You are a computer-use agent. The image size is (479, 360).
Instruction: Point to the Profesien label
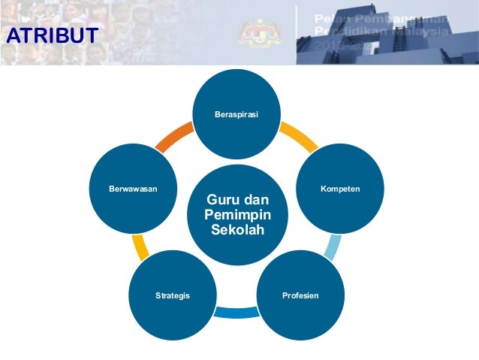[300, 295]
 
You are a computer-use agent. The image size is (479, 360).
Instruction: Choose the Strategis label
[173, 295]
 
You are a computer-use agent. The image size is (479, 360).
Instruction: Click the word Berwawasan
[132, 187]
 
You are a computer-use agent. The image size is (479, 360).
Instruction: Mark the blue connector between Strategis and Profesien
[236, 312]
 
